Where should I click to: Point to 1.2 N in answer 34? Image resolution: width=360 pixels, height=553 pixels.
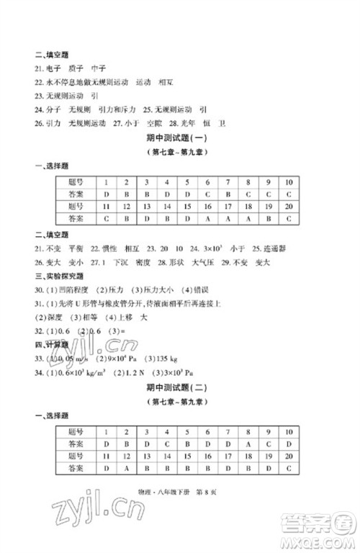coord(138,374)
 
